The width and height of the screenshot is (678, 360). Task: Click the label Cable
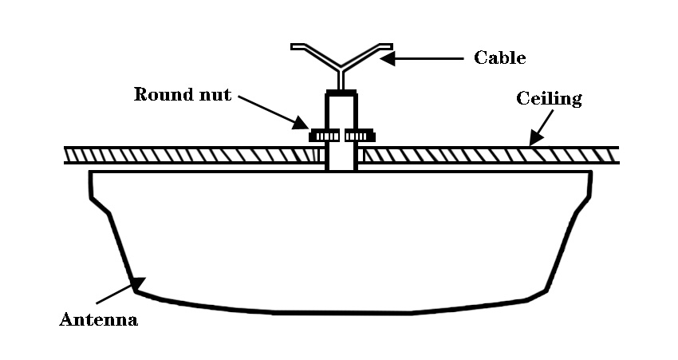500,58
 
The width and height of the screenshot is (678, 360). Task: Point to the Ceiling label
549,99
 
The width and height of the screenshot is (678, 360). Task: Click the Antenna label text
99,320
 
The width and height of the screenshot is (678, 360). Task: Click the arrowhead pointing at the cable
387,58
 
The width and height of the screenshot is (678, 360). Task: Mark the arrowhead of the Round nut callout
301,122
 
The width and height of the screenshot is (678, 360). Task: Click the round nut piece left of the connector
325,136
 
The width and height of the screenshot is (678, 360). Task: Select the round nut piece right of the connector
360,136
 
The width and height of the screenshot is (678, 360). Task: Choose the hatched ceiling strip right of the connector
487,155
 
